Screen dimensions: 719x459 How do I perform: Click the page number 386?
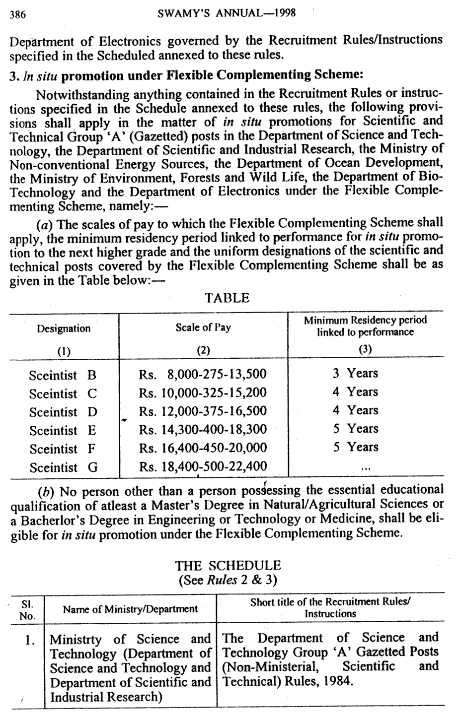(18, 14)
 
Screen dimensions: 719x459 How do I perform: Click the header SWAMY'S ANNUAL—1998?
(227, 13)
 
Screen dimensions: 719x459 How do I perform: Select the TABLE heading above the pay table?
(227, 298)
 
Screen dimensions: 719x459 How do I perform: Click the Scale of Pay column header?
(203, 327)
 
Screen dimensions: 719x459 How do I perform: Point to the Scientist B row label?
(62, 375)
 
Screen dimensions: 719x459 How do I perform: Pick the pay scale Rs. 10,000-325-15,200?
(203, 393)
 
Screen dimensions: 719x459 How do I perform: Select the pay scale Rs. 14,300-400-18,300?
(203, 430)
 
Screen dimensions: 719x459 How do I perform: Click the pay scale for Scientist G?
(203, 467)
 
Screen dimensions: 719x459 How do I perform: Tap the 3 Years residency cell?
(355, 374)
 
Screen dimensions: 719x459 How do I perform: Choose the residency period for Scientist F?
(355, 448)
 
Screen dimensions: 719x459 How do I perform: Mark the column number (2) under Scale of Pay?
(203, 350)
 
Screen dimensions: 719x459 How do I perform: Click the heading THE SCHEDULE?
(228, 566)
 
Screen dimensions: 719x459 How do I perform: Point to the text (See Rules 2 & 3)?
(228, 580)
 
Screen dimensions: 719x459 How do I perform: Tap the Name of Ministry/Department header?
(130, 609)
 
